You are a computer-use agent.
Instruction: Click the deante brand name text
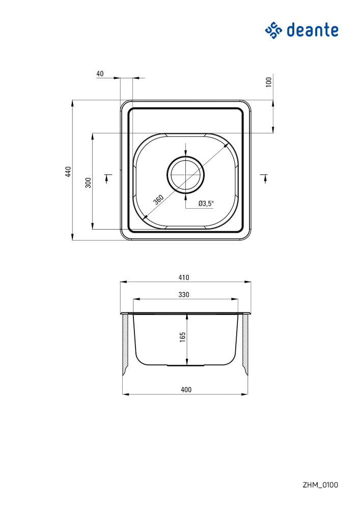pyautogui.click(x=313, y=30)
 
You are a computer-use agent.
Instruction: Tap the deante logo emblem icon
pyautogui.click(x=273, y=30)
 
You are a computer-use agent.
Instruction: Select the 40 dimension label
pyautogui.click(x=100, y=74)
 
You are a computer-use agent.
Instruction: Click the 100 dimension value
pyautogui.click(x=269, y=81)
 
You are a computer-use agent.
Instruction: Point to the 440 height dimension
pyautogui.click(x=68, y=172)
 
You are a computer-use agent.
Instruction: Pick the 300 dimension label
pyautogui.click(x=88, y=183)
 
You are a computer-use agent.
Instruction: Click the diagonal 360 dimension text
pyautogui.click(x=158, y=199)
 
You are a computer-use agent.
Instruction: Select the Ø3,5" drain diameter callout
pyautogui.click(x=206, y=204)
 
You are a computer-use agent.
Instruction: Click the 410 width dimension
pyautogui.click(x=184, y=277)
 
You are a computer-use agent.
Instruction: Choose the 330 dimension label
pyautogui.click(x=184, y=295)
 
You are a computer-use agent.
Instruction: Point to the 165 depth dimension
pyautogui.click(x=182, y=336)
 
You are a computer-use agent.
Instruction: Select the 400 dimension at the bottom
pyautogui.click(x=186, y=390)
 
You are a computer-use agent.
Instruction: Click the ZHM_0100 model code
pyautogui.click(x=320, y=485)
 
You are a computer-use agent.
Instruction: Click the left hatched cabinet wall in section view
pyautogui.click(x=125, y=344)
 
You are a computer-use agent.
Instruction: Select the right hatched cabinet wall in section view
pyautogui.click(x=245, y=344)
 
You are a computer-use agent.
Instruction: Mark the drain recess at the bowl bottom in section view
pyautogui.click(x=186, y=365)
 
